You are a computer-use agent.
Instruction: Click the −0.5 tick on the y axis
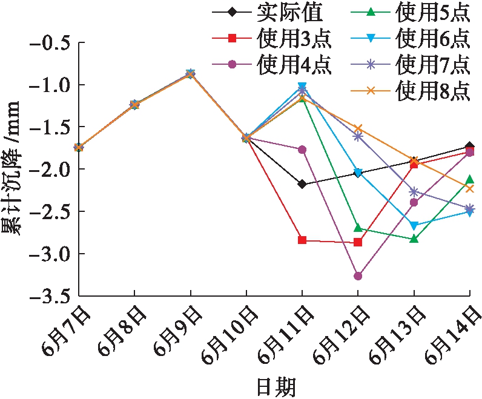coord(52,43)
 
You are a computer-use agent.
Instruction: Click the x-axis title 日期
coord(276,386)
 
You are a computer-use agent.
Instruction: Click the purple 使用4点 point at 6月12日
coord(358,276)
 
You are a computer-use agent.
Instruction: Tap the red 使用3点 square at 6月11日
coord(302,240)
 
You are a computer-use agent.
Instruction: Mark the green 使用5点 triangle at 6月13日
coord(414,239)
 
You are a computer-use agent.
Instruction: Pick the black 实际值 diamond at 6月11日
coord(302,184)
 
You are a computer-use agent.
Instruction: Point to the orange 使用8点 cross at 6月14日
coord(470,189)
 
